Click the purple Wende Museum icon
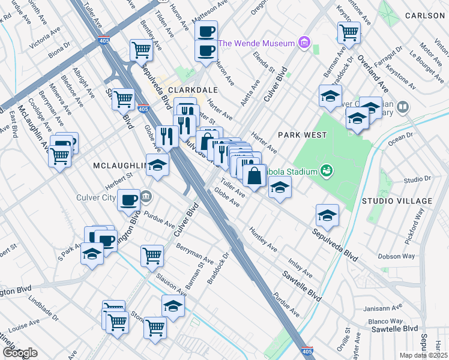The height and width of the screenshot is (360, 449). tap(304, 43)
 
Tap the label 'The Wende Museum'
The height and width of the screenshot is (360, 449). tap(256, 43)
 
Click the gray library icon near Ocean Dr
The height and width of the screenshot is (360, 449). tap(402, 107)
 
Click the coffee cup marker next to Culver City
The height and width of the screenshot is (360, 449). tap(128, 200)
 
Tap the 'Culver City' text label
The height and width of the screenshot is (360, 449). tap(116, 196)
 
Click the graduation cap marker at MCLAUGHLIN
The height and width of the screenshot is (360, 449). tap(157, 165)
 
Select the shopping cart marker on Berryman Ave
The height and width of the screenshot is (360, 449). tap(152, 256)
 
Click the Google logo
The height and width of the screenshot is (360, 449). tap(20, 353)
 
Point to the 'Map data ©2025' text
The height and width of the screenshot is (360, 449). tap(423, 355)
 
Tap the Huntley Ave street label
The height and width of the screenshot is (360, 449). tap(264, 239)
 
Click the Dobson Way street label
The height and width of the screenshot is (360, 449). tap(396, 256)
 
